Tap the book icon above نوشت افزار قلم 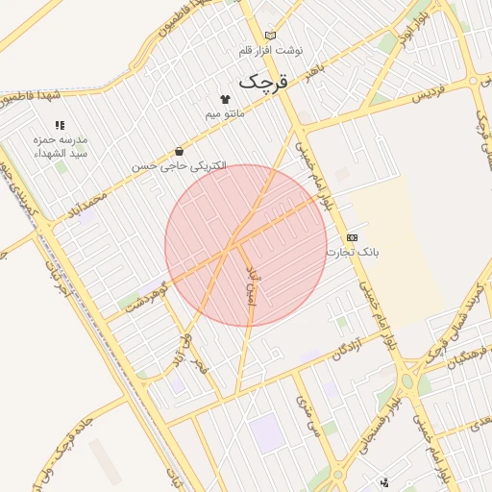tap(270, 36)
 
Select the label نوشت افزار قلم tap(270, 49)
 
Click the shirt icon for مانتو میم tap(226, 98)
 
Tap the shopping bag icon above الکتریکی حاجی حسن tap(180, 151)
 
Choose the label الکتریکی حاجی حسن tap(180, 165)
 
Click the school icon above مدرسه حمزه tap(61, 124)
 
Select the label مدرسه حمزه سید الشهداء tap(61, 146)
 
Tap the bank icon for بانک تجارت tap(353, 236)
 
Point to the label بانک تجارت tap(353, 252)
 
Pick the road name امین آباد tap(253, 284)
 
